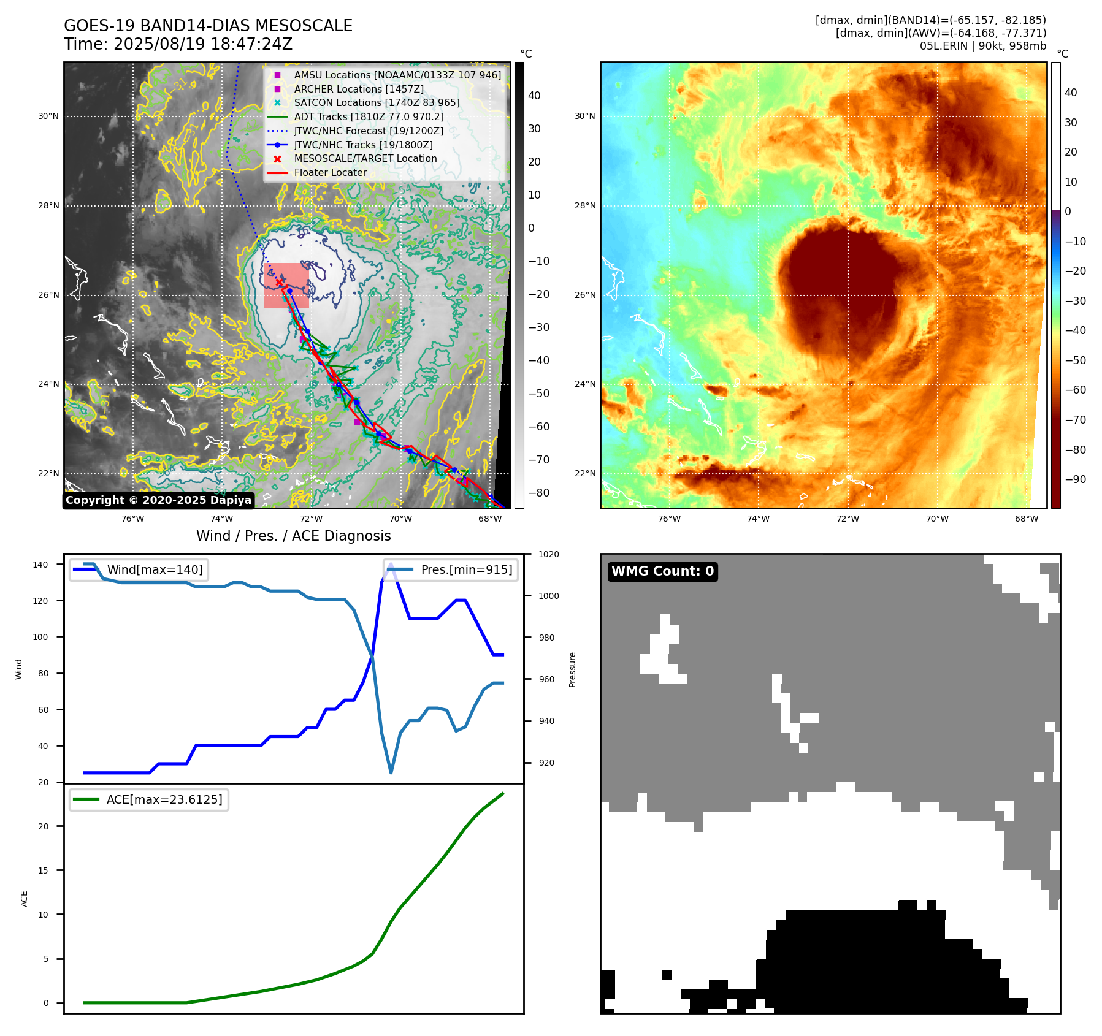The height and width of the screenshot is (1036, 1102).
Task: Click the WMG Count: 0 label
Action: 662,571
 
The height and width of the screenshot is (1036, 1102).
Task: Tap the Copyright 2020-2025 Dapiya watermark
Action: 158,500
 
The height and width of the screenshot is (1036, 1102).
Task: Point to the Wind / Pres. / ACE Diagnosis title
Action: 293,536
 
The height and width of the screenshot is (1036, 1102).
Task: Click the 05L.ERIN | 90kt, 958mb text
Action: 982,46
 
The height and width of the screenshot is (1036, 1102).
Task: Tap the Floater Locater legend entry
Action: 330,173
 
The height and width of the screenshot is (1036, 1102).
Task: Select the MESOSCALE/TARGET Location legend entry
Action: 365,159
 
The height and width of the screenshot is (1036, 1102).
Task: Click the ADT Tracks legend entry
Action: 369,116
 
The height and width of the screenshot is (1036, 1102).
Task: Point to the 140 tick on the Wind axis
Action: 40,565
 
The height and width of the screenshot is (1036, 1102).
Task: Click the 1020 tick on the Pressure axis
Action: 548,555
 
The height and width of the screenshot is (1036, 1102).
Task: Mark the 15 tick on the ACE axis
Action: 43,870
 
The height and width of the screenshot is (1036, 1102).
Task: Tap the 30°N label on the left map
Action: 48,116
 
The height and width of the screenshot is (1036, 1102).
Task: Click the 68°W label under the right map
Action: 1026,519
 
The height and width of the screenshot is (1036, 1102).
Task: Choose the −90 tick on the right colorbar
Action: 1075,479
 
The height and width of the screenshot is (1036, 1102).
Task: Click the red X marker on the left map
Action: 280,282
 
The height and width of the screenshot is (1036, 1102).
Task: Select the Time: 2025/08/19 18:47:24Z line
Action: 178,45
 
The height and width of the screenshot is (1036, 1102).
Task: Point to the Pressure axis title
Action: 572,669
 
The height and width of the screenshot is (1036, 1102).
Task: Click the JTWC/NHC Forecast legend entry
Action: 368,131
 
